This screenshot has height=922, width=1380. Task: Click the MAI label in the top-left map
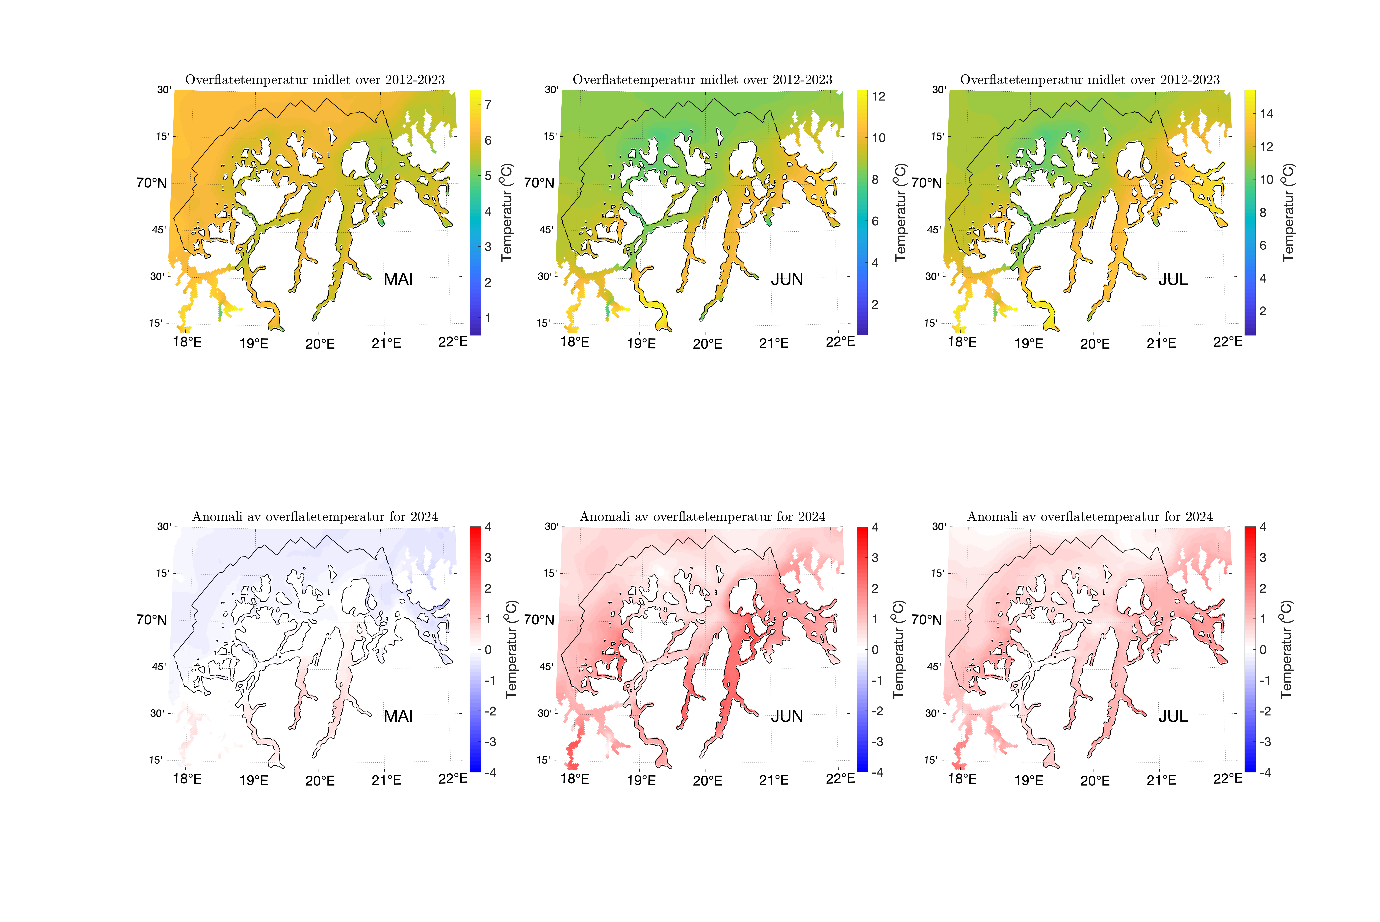coord(398,279)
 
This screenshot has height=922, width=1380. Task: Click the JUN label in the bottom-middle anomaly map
coord(787,716)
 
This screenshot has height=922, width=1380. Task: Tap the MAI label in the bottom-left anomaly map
coord(398,716)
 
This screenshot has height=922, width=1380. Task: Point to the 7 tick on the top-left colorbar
coord(488,105)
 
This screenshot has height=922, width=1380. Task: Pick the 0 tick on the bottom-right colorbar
coord(1263,650)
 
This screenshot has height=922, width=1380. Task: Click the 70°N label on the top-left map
coord(152,183)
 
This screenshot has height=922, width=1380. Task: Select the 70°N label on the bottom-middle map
coord(539,620)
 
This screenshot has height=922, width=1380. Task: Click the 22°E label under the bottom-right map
coord(1228,779)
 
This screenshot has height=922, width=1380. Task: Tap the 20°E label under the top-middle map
coord(707,344)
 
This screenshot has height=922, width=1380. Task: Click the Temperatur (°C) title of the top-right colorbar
coord(1288,212)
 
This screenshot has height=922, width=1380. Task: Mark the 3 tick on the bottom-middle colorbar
coord(875,557)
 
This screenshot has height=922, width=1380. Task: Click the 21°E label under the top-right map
coord(1161,343)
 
